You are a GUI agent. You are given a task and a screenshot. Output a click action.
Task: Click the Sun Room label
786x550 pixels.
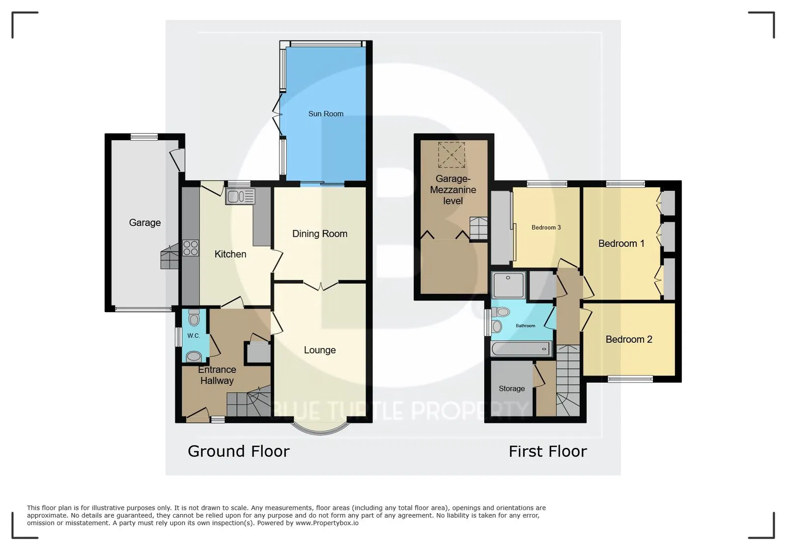coord(326,114)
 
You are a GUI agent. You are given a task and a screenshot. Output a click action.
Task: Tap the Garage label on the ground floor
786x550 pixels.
coord(145,223)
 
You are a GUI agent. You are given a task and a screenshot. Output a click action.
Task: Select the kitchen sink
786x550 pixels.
coord(240,197)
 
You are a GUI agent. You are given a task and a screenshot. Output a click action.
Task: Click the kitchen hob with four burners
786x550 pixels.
coord(191,247)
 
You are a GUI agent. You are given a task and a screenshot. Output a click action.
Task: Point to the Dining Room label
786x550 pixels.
coord(320,234)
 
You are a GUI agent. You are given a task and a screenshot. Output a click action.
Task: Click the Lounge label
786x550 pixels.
coord(320,350)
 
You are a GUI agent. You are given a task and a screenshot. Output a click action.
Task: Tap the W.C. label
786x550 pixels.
coord(194,336)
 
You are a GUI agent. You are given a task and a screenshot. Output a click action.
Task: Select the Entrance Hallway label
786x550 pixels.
coord(217,375)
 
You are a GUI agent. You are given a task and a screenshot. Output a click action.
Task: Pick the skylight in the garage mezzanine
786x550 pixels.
coord(451,155)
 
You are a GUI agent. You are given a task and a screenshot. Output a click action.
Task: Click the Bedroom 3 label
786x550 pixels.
coord(546,228)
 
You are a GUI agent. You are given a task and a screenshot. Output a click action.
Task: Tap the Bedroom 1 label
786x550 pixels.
coord(621,244)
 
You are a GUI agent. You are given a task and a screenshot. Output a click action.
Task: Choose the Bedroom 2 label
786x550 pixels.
coord(629,340)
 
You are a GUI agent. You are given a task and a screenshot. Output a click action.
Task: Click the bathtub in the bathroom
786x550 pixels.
coord(521,349)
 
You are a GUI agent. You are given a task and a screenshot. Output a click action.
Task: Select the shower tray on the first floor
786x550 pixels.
coord(508,285)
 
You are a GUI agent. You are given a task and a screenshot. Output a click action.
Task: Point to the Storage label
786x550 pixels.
coord(511,389)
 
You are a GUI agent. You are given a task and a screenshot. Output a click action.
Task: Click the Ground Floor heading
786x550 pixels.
coord(239,451)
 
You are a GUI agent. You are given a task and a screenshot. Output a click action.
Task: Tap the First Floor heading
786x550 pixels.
coord(548,451)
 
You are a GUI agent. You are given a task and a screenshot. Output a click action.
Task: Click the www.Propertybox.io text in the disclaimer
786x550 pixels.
coord(327,523)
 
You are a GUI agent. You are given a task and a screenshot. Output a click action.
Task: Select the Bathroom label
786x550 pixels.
coord(525,326)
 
